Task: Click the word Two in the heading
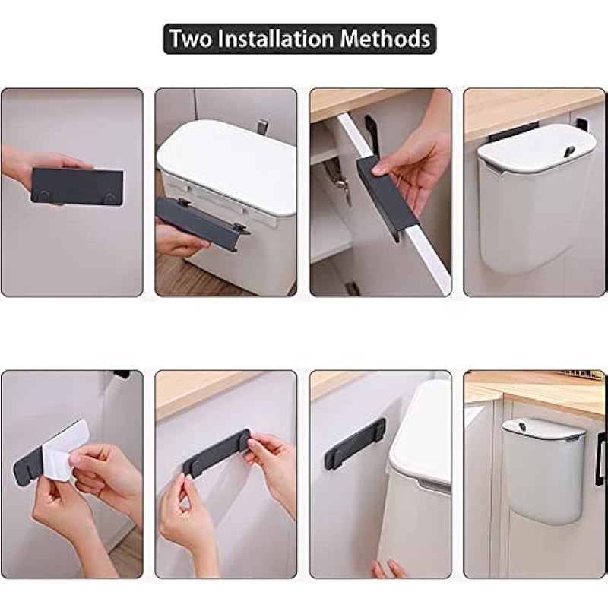(190, 39)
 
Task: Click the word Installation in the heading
(276, 39)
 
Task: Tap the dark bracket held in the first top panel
(77, 186)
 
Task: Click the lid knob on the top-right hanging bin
(570, 150)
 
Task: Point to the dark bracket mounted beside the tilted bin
(355, 444)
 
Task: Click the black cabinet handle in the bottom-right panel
(600, 459)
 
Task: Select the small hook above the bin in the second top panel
(262, 126)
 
